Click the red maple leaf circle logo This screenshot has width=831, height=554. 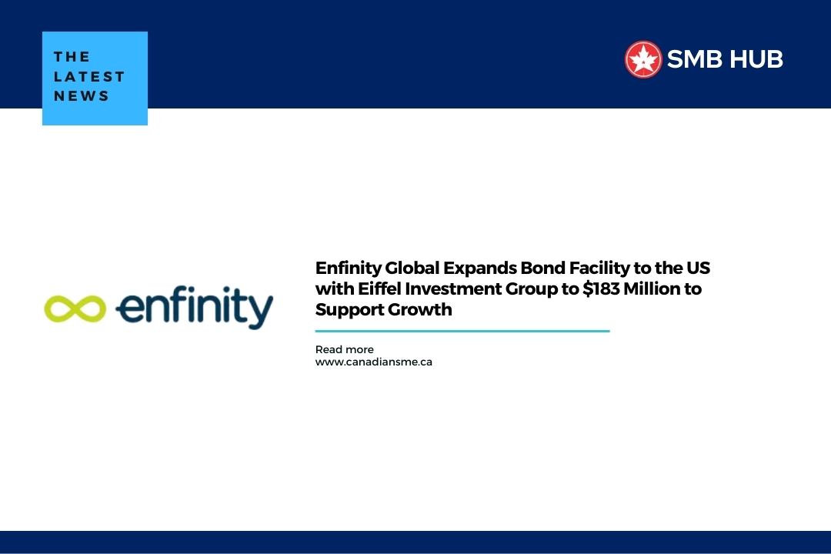click(x=643, y=59)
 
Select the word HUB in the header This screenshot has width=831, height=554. click(x=759, y=59)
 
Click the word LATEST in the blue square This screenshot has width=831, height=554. click(x=89, y=76)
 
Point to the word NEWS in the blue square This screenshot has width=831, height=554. click(x=82, y=96)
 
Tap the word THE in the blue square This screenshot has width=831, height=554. click(x=72, y=56)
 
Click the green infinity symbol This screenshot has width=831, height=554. click(x=75, y=308)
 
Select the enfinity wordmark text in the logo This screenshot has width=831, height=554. click(x=194, y=308)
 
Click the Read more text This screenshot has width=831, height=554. click(x=344, y=349)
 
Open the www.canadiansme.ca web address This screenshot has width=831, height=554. click(x=373, y=362)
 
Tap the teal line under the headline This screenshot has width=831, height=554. click(x=462, y=331)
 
